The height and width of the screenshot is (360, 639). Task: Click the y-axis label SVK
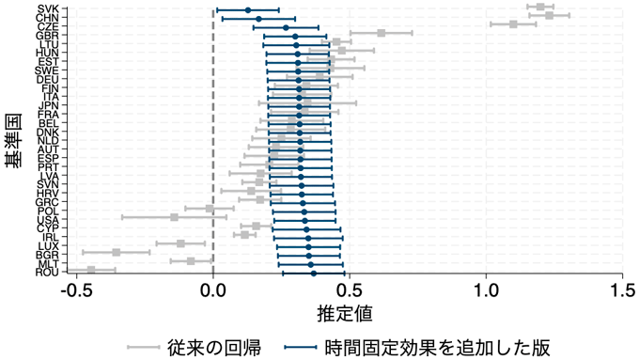49,8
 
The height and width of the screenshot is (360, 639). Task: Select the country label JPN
49,104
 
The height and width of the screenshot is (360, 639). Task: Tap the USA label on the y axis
49,219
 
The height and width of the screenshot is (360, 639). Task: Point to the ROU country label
48,273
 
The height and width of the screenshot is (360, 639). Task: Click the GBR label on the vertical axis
49,35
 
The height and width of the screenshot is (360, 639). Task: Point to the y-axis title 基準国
14,141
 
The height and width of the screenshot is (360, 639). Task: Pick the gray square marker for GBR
381,33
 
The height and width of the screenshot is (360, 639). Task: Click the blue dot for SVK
248,10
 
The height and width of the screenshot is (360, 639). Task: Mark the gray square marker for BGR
117,252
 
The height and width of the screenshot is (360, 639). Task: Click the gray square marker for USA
174,217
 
